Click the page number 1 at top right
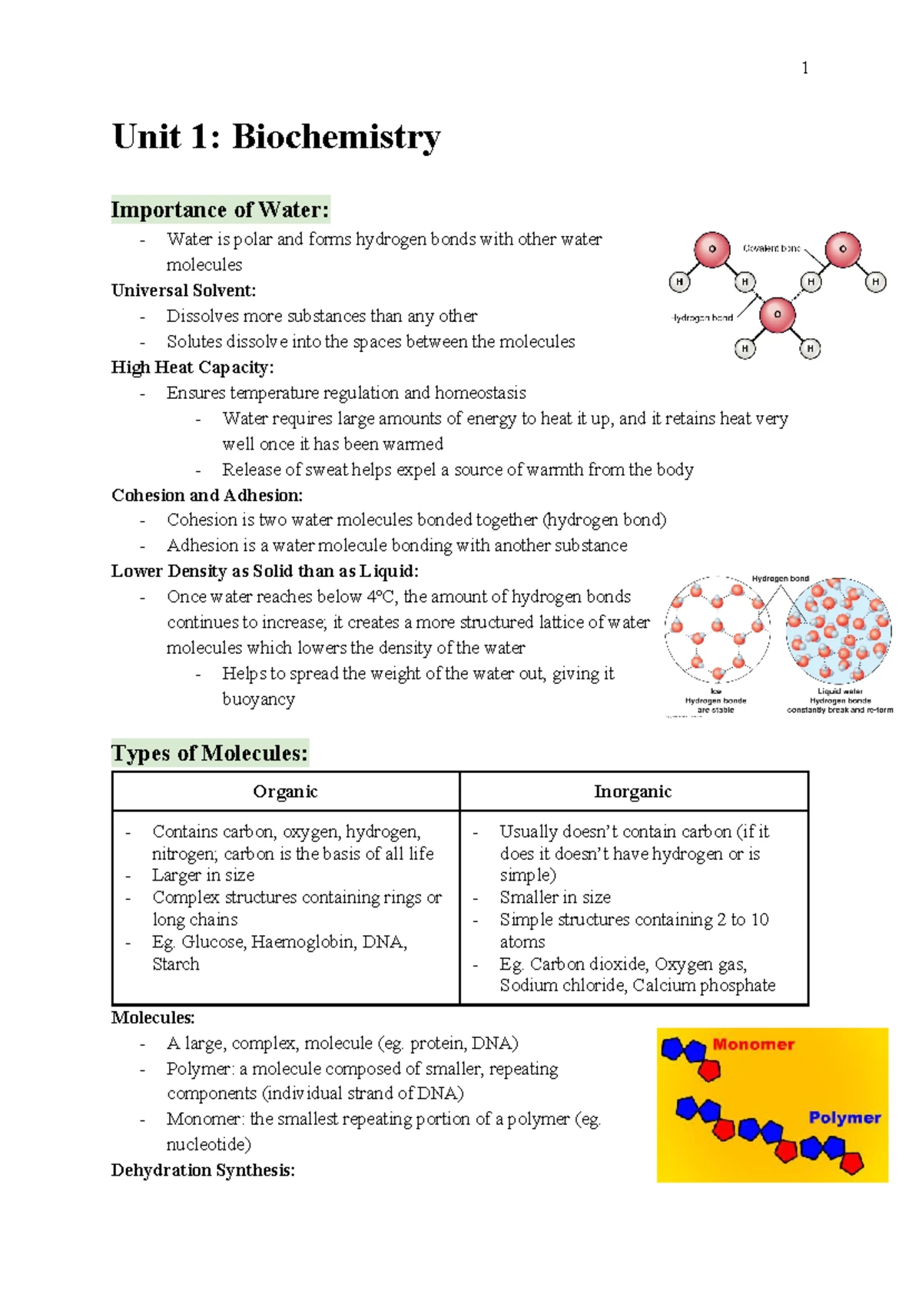[x=804, y=68]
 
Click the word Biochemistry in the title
[x=336, y=138]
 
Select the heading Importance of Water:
[x=220, y=210]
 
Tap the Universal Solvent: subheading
[x=183, y=290]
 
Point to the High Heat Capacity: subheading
[x=192, y=367]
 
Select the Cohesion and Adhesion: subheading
[x=207, y=496]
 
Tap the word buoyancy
[x=258, y=700]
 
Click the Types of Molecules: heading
[x=209, y=753]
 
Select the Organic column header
[x=285, y=791]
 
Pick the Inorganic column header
[x=632, y=791]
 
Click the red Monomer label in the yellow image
[x=753, y=1044]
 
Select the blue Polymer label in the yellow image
[x=844, y=1118]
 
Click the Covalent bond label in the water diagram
[x=771, y=248]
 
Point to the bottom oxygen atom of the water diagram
[x=777, y=315]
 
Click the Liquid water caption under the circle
[x=840, y=691]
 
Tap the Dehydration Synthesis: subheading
[x=203, y=1170]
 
